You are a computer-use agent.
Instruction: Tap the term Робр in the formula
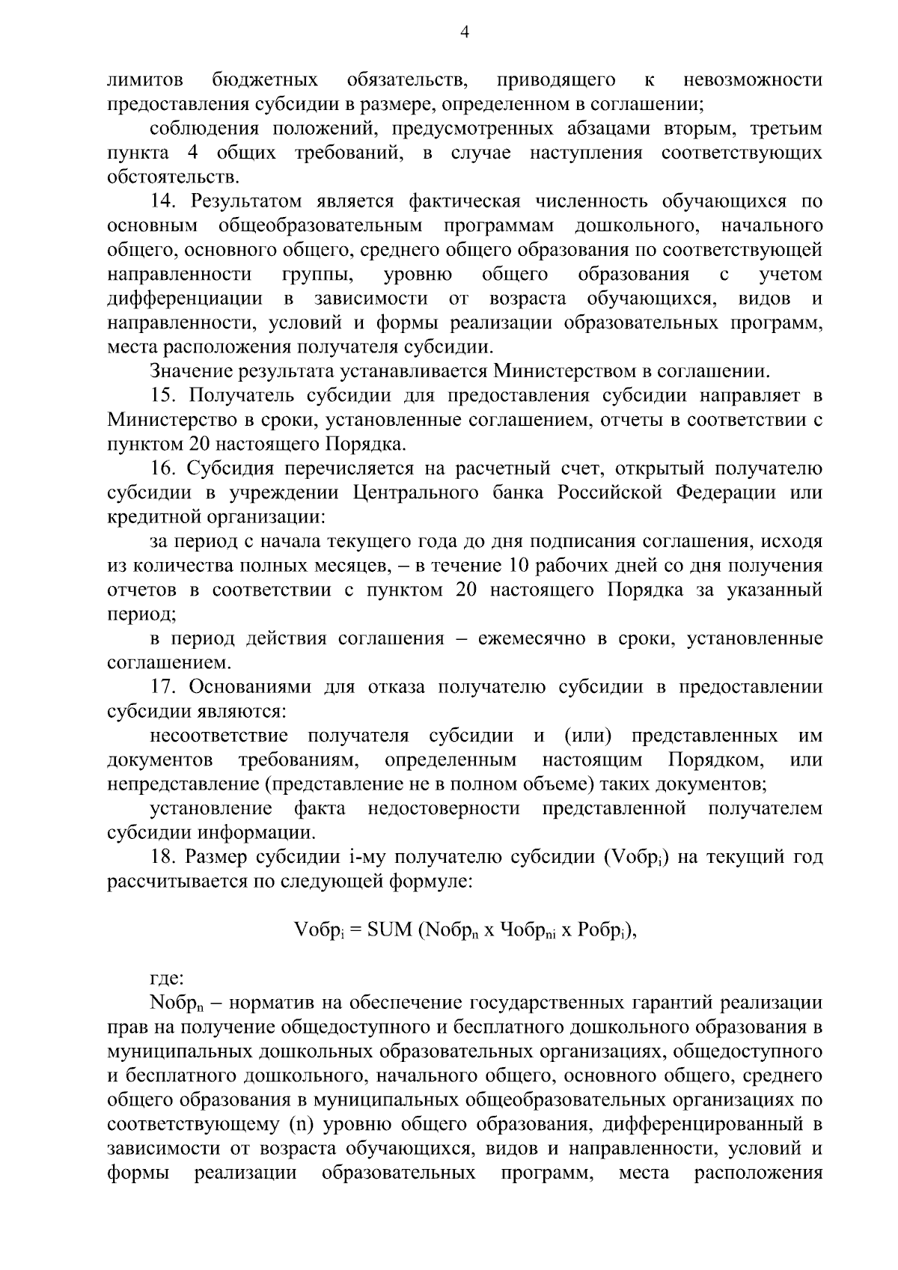602,930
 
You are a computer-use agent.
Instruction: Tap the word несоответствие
218,736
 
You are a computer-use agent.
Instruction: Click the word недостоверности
444,809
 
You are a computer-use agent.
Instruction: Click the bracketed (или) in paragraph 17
587,736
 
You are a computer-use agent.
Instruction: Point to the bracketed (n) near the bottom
300,1125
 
